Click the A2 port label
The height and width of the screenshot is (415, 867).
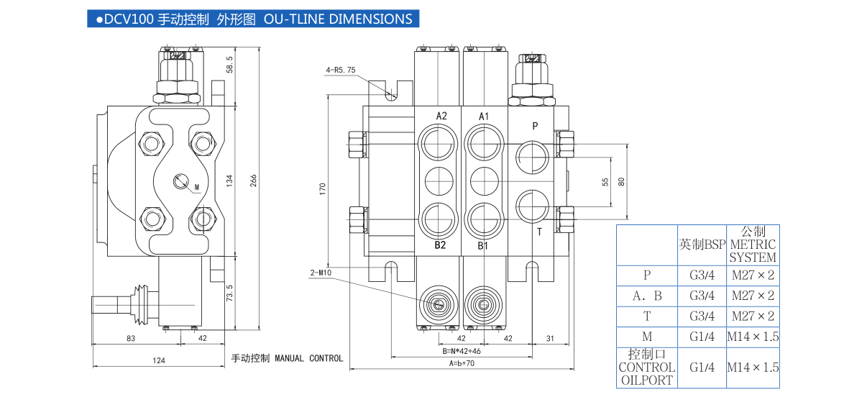click(441, 116)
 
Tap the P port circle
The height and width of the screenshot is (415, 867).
click(533, 154)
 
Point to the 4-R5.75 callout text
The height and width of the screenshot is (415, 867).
click(341, 70)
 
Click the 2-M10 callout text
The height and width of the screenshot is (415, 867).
click(321, 273)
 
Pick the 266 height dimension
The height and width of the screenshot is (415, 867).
click(253, 181)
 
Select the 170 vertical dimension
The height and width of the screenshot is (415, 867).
click(323, 188)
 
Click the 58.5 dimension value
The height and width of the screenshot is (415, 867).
click(230, 64)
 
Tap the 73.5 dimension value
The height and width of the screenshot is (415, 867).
click(230, 293)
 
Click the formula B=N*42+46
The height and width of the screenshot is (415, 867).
click(462, 351)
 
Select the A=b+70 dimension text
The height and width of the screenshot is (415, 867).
click(462, 364)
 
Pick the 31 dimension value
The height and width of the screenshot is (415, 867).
click(550, 338)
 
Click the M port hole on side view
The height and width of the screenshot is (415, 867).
click(180, 181)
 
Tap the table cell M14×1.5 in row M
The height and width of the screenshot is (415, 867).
click(753, 337)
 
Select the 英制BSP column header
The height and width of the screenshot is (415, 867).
click(702, 244)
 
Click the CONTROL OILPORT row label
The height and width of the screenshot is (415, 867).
click(646, 367)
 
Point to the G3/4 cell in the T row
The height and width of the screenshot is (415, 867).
click(702, 316)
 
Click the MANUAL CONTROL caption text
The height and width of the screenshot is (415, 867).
click(287, 358)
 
